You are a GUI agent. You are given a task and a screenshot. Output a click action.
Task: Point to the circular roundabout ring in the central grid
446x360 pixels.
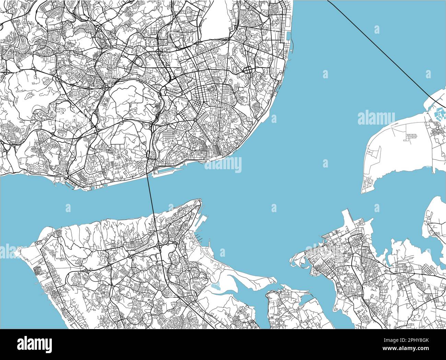195,120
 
